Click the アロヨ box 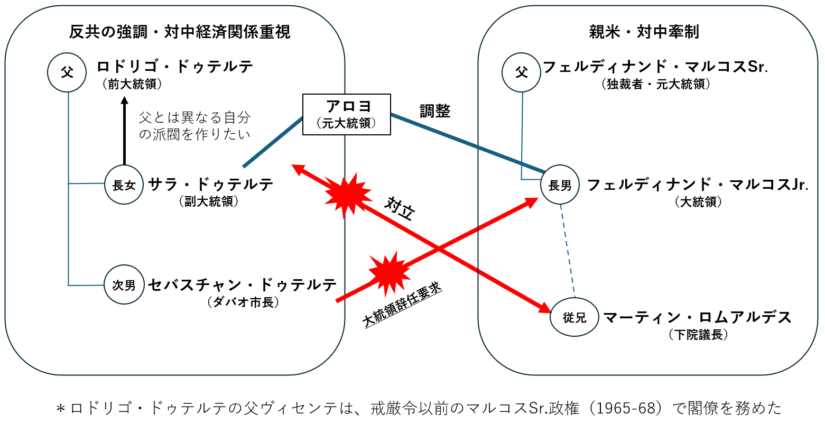click(346, 114)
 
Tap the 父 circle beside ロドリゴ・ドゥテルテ click(67, 72)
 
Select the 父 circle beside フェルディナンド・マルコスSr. click(522, 72)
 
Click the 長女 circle click(124, 185)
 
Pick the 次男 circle click(124, 286)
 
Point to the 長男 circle click(560, 186)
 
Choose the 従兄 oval click(574, 317)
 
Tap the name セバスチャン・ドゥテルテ click(243, 284)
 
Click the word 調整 click(434, 111)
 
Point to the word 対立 click(400, 209)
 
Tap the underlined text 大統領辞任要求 click(403, 306)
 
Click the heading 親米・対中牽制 click(644, 32)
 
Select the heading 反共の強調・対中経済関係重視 click(180, 32)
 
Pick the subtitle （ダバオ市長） click(243, 302)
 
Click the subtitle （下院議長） click(698, 335)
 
